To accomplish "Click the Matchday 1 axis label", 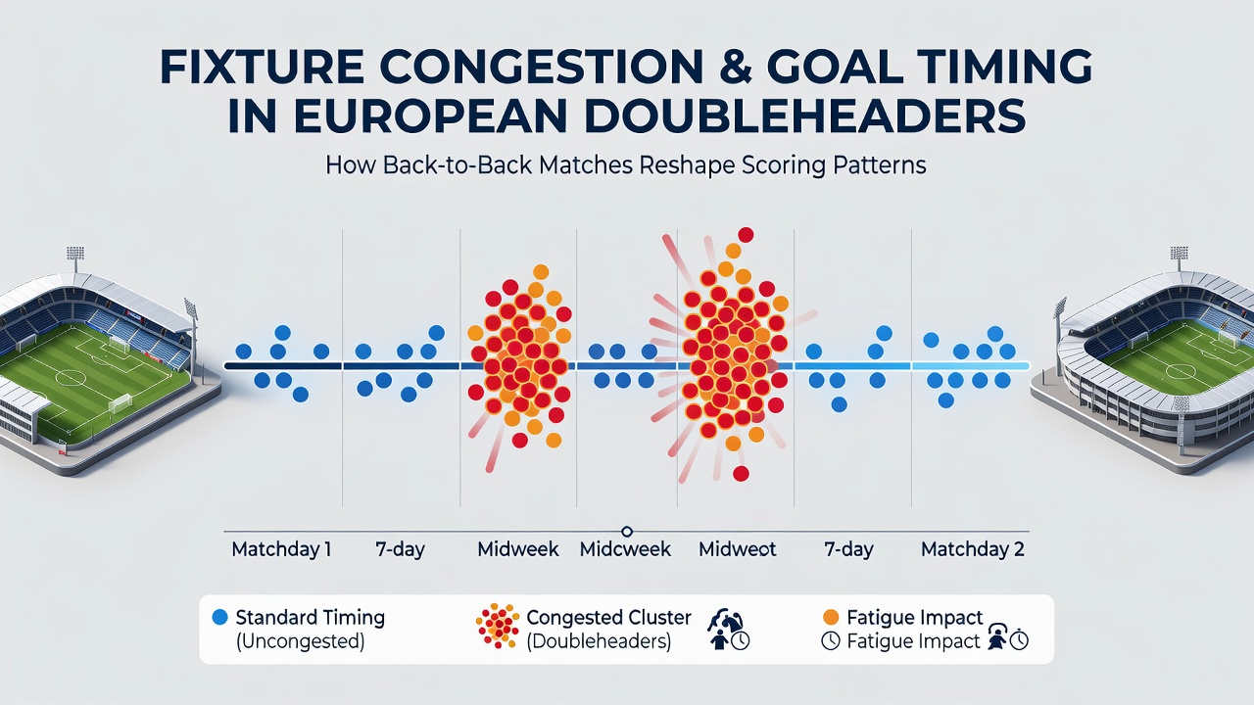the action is tap(281, 549).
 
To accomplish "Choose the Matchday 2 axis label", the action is tap(973, 549).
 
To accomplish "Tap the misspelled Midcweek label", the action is tap(625, 549).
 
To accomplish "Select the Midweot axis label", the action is tap(738, 549).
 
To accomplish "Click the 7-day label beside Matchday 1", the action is tap(400, 550).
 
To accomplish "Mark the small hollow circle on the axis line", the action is tap(627, 531).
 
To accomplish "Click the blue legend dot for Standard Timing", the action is tap(220, 617).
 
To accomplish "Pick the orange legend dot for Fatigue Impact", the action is tap(831, 617).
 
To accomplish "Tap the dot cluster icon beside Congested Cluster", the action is tap(497, 626).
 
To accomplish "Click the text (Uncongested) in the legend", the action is tap(300, 641).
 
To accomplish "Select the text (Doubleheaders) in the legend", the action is tap(599, 641).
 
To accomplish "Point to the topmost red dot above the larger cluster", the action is tap(746, 235).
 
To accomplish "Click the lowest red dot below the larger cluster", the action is tap(741, 474).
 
